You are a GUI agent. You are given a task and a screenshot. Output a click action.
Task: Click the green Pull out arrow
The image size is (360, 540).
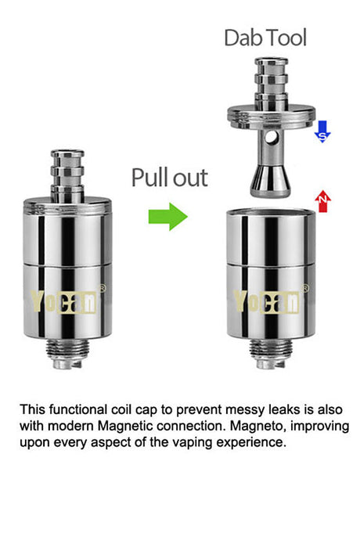pos(167,217)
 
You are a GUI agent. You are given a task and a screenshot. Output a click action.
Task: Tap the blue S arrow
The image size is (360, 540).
pos(322,131)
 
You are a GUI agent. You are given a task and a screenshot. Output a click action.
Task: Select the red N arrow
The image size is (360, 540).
pos(322,201)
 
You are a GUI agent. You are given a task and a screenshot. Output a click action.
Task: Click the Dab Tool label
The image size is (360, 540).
pos(265,38)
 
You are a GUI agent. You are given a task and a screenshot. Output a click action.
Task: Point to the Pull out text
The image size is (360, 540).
pos(170,178)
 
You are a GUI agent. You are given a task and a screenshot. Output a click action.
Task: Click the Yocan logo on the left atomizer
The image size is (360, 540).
pos(63,301)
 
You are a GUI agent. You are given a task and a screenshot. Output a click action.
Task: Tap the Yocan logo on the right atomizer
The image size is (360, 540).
pos(266,301)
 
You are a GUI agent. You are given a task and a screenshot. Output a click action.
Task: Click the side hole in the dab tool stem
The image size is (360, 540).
pos(271,138)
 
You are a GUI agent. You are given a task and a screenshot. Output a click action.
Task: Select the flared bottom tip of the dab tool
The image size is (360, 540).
pos(270,182)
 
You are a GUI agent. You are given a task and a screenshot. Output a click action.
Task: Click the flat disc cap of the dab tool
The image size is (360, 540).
pos(271,117)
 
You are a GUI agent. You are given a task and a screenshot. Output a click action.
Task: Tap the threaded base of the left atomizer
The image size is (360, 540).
pos(67,353)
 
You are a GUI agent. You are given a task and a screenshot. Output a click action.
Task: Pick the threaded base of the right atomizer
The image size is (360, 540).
pos(271,353)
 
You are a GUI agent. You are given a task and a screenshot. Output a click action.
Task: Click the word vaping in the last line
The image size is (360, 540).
pos(193,442)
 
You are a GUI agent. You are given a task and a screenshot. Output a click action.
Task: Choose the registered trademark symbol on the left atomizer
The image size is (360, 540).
pos(103,288)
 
